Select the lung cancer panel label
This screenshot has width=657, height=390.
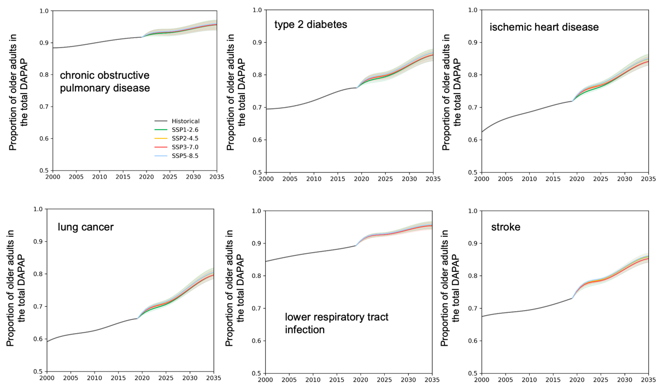(x=86, y=226)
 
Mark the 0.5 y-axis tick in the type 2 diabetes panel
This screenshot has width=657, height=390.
(x=256, y=172)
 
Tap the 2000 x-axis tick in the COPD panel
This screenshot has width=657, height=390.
(x=52, y=177)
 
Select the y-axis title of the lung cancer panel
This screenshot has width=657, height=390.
(x=16, y=290)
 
